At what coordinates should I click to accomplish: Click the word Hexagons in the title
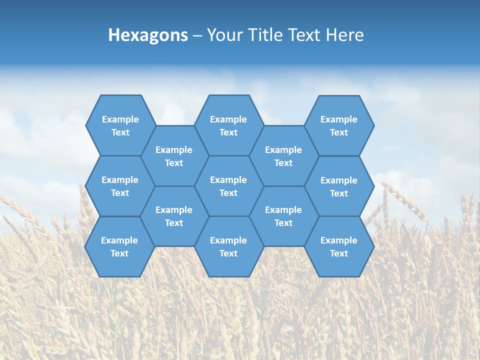coord(148,35)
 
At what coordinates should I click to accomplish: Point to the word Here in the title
coord(344,35)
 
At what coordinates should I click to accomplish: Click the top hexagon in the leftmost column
coord(120,125)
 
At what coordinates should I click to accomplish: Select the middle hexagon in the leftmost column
coord(120,186)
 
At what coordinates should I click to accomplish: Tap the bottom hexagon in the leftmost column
coord(119,246)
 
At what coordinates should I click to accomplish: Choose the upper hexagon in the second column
coord(174,156)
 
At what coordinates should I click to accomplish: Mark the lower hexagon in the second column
coord(174,216)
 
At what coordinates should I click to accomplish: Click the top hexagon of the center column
coord(228,125)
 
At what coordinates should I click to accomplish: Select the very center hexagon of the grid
coord(228,186)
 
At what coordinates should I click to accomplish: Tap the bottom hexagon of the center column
coord(228,246)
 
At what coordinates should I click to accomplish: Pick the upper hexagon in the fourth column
coord(283,156)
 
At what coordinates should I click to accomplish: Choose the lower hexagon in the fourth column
coord(283,216)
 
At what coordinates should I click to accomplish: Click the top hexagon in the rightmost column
coord(339,125)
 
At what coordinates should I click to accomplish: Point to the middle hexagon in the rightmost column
coord(339,186)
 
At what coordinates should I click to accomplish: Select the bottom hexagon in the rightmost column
coord(339,246)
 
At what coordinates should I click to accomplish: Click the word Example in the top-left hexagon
coord(120,119)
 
